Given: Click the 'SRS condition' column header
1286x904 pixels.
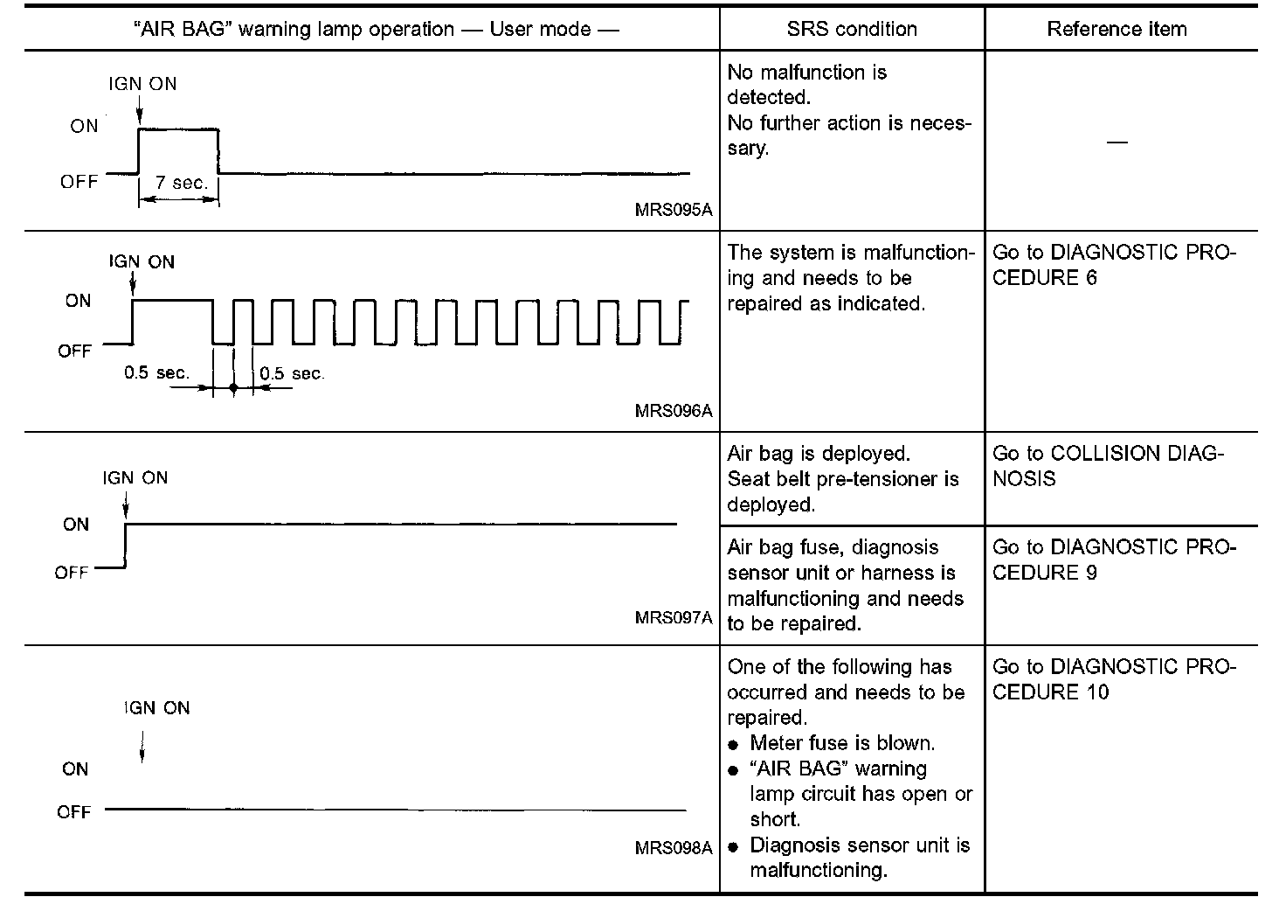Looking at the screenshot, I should click(852, 29).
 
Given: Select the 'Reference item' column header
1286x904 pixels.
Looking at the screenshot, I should click(1117, 29).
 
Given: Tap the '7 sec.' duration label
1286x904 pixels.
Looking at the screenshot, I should click(182, 183).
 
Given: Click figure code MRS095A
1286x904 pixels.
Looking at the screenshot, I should click(674, 210).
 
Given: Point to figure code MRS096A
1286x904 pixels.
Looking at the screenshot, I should click(674, 410).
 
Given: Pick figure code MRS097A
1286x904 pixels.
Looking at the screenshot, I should click(674, 618).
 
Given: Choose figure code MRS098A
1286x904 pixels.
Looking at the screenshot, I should click(674, 848).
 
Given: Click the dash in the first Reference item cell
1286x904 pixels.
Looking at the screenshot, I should click(1117, 142).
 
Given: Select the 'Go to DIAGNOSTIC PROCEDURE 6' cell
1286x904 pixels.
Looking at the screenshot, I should click(1114, 265).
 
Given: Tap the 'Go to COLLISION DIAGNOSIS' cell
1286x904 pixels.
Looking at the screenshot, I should click(1109, 466).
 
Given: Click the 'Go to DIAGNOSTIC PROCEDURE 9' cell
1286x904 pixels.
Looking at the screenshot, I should click(1114, 560).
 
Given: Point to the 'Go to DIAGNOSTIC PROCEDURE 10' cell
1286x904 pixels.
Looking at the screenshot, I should click(1114, 679).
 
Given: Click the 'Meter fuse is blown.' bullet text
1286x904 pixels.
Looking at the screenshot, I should click(842, 743).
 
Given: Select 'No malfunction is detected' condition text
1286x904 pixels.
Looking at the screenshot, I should click(806, 84).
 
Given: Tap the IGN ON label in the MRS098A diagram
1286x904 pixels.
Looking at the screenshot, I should click(156, 708).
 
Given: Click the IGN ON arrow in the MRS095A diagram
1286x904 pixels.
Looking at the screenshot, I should click(139, 110).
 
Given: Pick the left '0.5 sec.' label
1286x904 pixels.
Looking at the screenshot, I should click(156, 373).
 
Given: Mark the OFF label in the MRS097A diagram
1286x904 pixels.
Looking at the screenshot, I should click(71, 573).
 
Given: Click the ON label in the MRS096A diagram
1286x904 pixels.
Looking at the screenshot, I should click(78, 301).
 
